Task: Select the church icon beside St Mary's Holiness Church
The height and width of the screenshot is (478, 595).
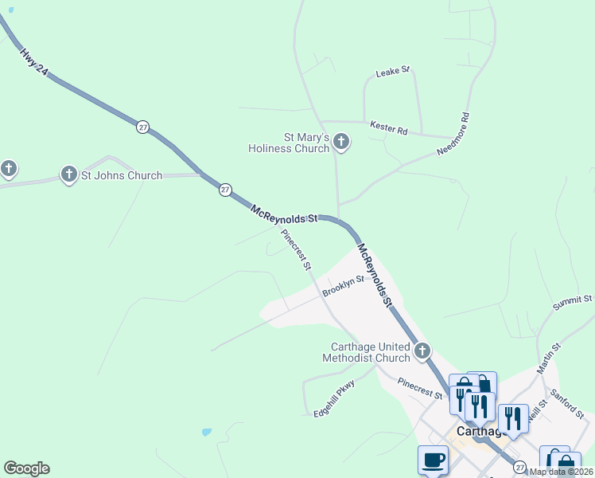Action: pos(341,143)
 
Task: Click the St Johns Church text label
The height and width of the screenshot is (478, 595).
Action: pos(122,175)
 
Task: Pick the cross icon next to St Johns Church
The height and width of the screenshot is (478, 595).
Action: pos(69,174)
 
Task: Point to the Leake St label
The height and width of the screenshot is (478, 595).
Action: pos(392,72)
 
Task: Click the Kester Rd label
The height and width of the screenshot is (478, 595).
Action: pos(388,127)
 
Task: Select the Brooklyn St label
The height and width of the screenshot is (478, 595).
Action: pos(343,286)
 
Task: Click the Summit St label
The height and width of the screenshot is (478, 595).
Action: pos(573,301)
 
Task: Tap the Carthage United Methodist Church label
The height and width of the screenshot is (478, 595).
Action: pos(370,352)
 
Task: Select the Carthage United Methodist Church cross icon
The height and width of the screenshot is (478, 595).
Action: pos(422,351)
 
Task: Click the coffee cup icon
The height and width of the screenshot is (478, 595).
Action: pos(433,460)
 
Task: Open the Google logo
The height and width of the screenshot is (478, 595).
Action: pos(26,468)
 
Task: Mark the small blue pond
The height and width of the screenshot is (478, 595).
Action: pos(207,433)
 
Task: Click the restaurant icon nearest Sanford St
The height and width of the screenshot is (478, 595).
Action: pos(513,417)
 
